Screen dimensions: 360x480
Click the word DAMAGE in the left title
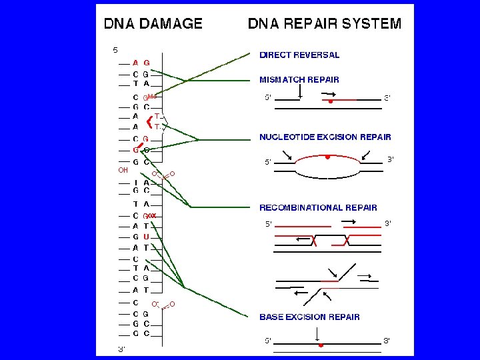tap(173, 24)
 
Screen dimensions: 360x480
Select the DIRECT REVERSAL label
tap(299, 55)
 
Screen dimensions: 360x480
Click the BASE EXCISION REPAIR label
tap(309, 317)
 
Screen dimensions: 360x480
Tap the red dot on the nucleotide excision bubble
tap(327, 157)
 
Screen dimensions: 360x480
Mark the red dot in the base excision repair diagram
tap(321, 346)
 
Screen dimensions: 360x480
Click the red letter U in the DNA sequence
tap(146, 237)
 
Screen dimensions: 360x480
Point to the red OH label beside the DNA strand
tap(123, 170)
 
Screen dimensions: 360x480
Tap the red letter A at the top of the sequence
tap(135, 63)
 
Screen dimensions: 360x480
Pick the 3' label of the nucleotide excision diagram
tap(392, 159)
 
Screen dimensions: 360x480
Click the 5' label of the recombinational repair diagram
tap(268, 223)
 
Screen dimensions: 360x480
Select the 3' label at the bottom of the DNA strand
tap(122, 348)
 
